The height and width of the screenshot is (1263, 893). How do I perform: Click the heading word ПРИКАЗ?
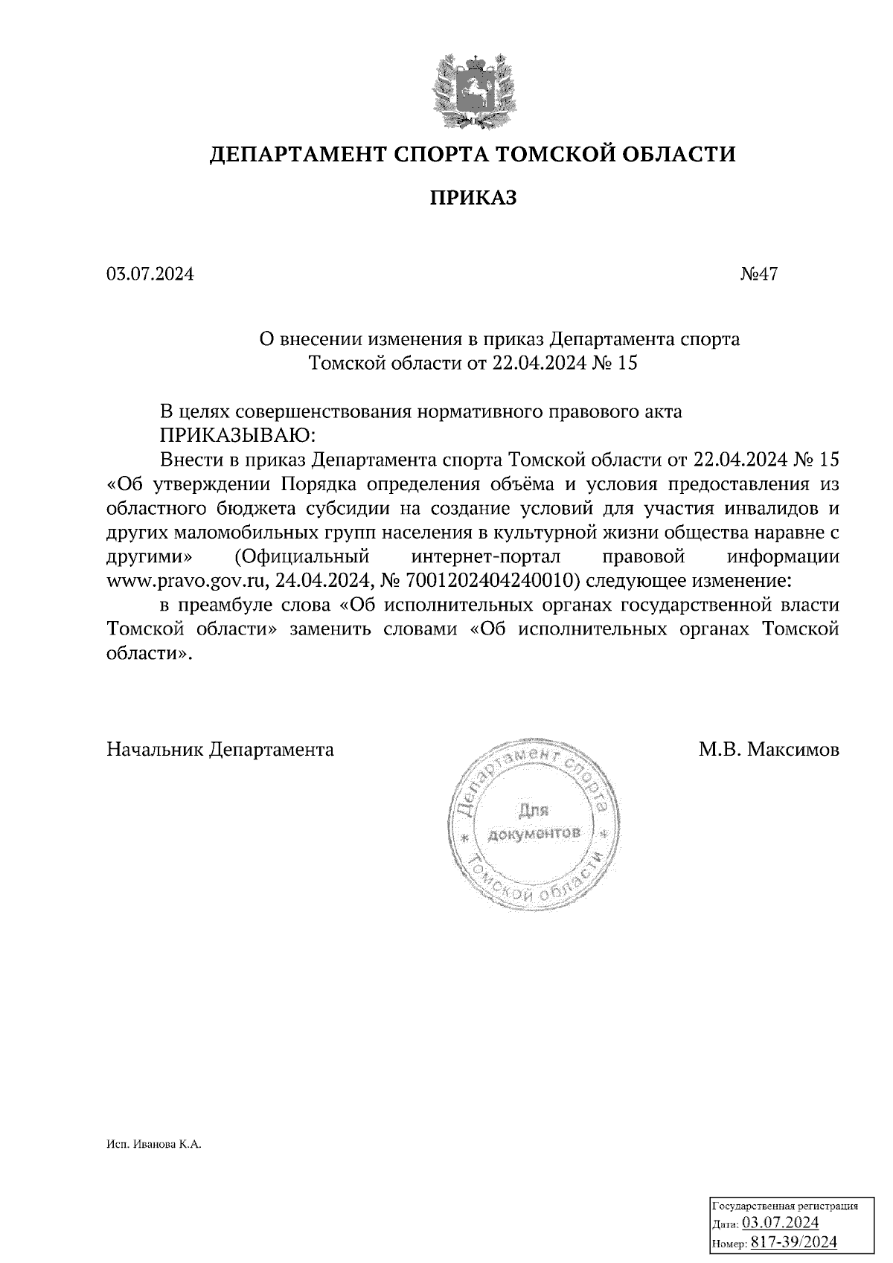[473, 198]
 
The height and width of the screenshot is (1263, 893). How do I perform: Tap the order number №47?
[758, 274]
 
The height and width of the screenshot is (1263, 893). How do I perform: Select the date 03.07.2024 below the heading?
[150, 274]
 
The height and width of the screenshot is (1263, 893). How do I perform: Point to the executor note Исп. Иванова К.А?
[153, 1146]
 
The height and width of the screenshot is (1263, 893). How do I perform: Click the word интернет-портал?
[486, 556]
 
